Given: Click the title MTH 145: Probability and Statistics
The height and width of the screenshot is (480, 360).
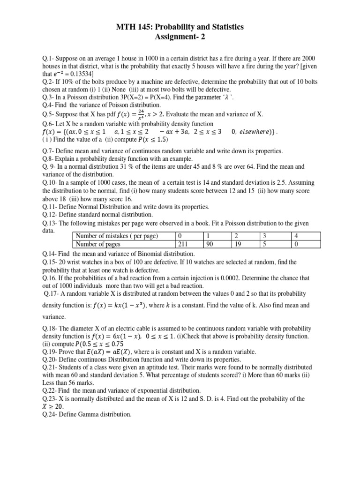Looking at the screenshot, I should [x=180, y=28].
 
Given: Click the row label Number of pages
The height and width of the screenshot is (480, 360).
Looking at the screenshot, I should [x=98, y=243].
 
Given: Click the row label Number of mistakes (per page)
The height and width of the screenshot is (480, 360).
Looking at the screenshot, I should [x=117, y=236].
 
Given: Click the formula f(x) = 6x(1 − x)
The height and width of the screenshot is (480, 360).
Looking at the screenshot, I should [x=117, y=336].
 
